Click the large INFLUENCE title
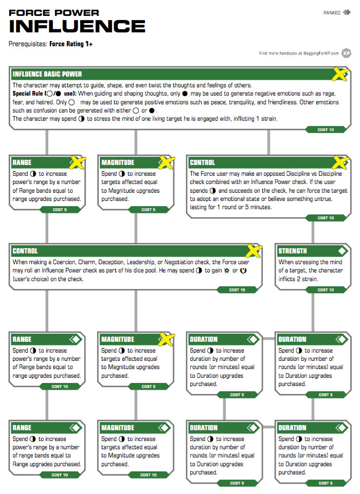coord(77,26)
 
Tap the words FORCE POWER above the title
coord(54,12)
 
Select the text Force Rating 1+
coord(71,44)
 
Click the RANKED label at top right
coord(332,13)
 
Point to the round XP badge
coord(347,53)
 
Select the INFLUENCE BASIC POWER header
coord(47,74)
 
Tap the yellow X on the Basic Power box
coord(339,75)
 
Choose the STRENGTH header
coord(292,251)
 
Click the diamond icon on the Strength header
coord(341,251)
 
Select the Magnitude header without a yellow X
coord(118,428)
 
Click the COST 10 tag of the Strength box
coord(326,290)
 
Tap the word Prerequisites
coord(28,44)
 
